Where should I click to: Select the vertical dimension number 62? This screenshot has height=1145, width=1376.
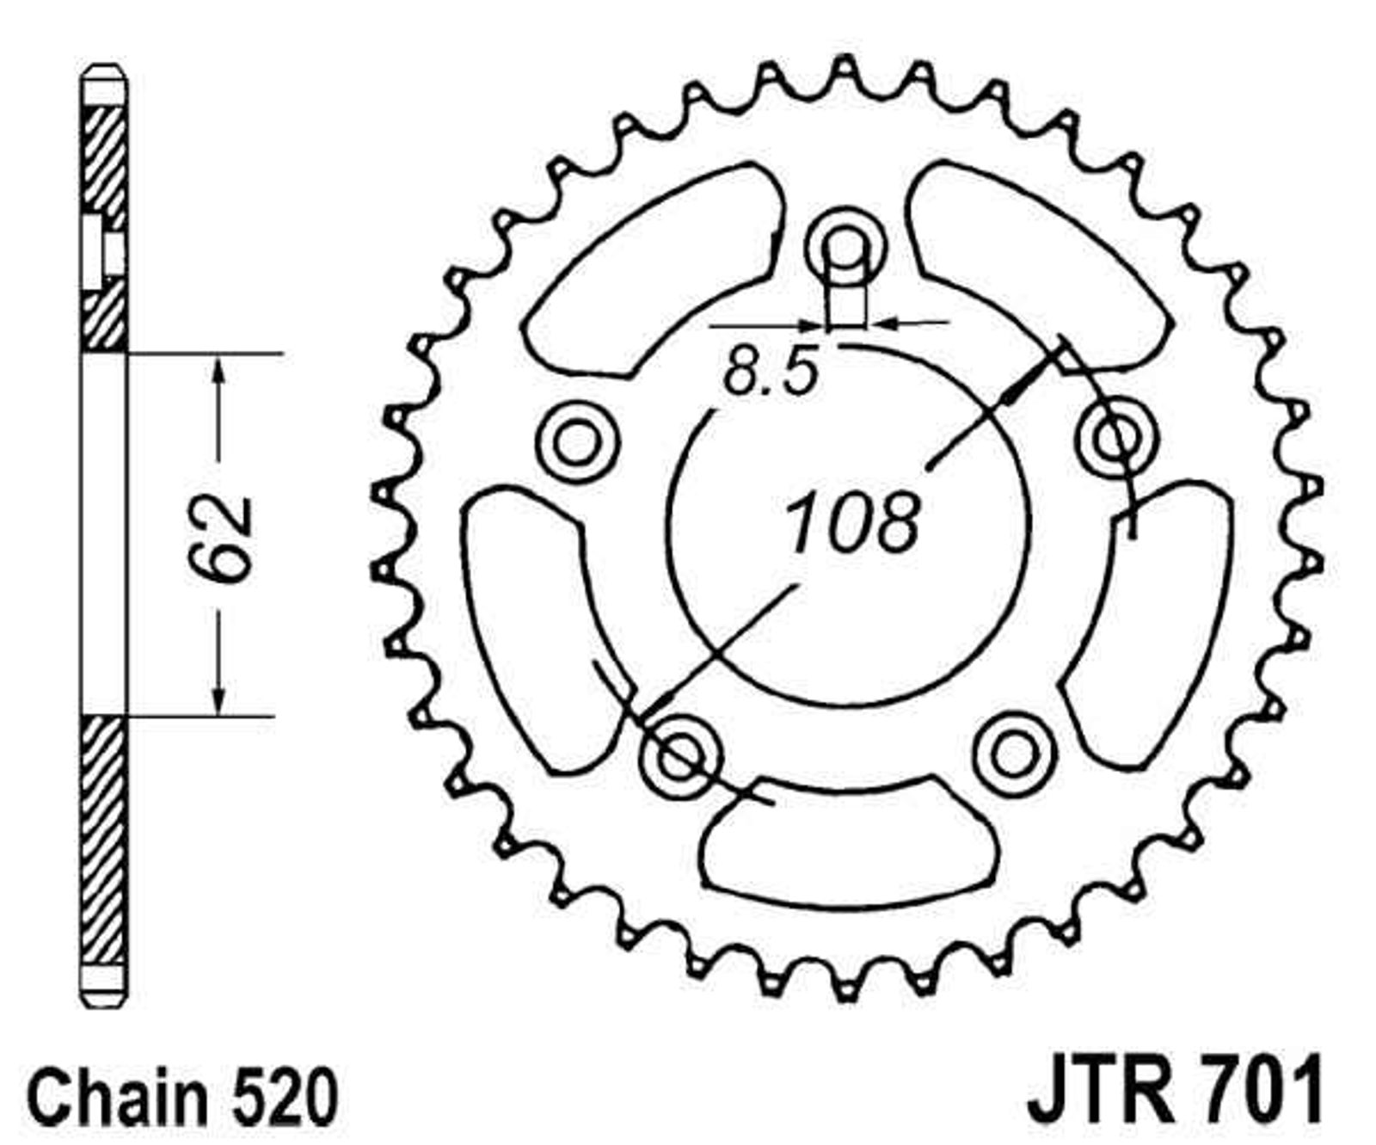pos(219,540)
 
